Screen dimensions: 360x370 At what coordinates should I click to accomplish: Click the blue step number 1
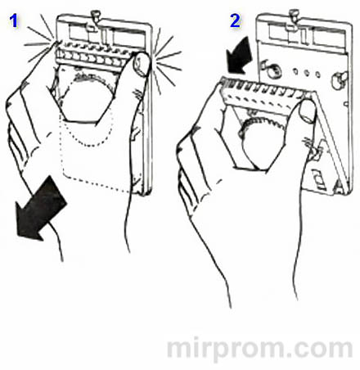pyautogui.click(x=14, y=20)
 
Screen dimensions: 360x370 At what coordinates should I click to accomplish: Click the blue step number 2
pyautogui.click(x=235, y=20)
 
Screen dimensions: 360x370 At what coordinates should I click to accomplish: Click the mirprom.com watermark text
pyautogui.click(x=260, y=349)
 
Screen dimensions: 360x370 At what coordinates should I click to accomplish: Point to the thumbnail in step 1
pyautogui.click(x=142, y=65)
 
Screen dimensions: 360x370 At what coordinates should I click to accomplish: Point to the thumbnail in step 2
pyautogui.click(x=308, y=111)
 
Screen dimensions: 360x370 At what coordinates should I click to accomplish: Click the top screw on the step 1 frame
pyautogui.click(x=96, y=15)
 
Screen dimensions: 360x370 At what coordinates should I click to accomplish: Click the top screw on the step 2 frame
pyautogui.click(x=294, y=14)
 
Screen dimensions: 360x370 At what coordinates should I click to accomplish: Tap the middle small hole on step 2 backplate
pyautogui.click(x=306, y=73)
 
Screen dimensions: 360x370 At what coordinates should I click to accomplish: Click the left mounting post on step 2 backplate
pyautogui.click(x=269, y=69)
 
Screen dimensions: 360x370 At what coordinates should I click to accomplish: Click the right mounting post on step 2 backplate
pyautogui.click(x=340, y=79)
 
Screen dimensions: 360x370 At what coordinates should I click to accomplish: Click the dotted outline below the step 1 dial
pyautogui.click(x=96, y=158)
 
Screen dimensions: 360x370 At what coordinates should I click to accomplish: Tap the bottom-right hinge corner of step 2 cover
pyautogui.click(x=341, y=188)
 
